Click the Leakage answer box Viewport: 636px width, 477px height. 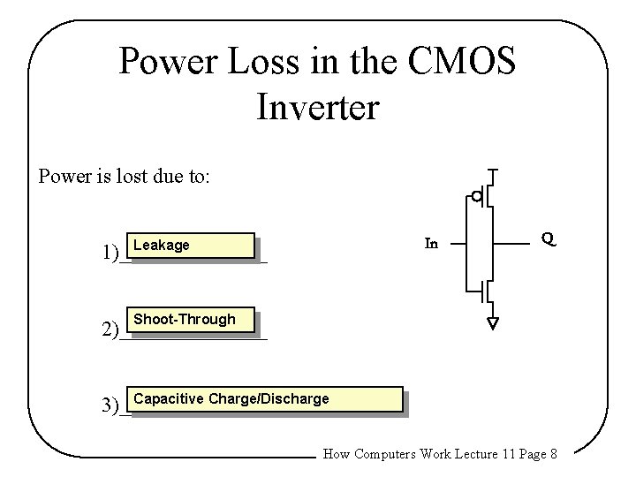tap(191, 246)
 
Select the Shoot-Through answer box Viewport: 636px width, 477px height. tap(191, 320)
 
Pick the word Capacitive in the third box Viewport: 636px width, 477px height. tap(168, 398)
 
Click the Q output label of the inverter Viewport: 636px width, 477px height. tap(548, 239)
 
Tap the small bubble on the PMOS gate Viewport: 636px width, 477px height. tap(476, 196)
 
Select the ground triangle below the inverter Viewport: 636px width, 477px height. tap(492, 322)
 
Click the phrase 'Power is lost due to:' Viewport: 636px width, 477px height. tap(125, 176)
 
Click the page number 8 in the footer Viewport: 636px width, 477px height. tap(552, 455)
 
